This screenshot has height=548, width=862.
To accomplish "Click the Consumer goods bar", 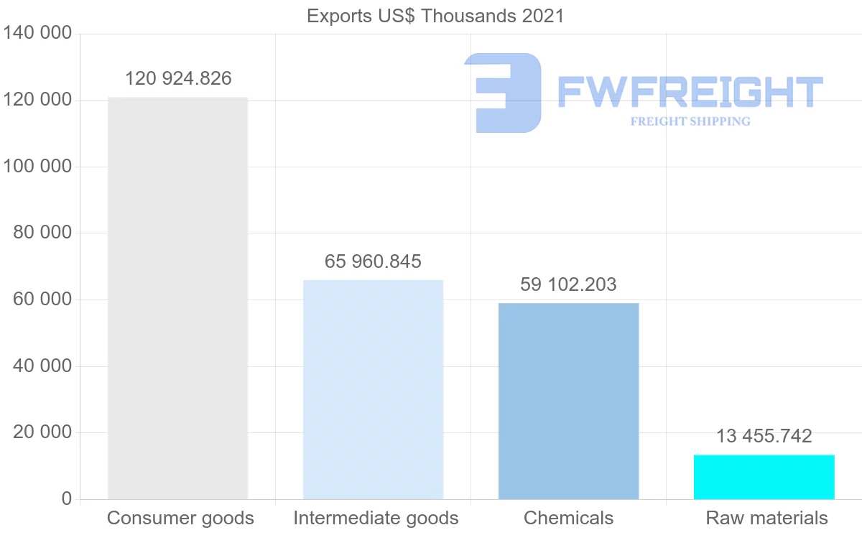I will point(177,298).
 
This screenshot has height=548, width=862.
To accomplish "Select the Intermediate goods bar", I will point(373,389).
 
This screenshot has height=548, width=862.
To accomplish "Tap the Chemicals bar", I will point(568,401).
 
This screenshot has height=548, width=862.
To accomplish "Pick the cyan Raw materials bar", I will point(764,477).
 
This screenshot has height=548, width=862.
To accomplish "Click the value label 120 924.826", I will point(178,78).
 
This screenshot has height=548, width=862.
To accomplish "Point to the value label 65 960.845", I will point(373,261).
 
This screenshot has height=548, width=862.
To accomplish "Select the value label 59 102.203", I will point(568,284).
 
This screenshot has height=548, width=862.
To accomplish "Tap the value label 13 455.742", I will point(764,436).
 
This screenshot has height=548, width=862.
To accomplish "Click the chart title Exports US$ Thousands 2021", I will point(435,16).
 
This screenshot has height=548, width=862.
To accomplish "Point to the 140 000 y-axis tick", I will point(37,33).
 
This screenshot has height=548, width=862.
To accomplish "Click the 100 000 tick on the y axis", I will point(37,167).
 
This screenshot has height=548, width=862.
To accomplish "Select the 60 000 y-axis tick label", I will point(42,299).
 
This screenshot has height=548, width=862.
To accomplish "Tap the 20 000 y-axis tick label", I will point(42,432).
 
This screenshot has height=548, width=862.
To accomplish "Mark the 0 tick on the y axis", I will point(66,499).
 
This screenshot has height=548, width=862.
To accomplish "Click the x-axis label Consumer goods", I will point(180,518).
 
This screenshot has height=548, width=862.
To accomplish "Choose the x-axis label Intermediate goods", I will point(376,518).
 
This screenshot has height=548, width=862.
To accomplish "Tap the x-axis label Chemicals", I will point(568,518).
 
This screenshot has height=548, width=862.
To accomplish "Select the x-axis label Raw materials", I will point(766,518).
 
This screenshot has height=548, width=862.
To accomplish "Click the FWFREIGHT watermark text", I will point(690,92).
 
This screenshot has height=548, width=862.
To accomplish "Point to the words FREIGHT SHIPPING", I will point(690,121).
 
